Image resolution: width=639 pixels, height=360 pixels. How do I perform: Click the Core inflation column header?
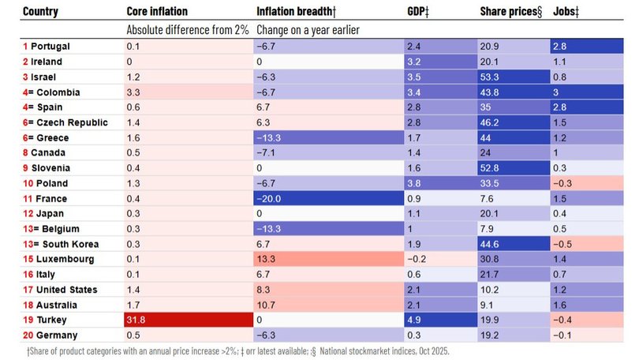coord(158,11)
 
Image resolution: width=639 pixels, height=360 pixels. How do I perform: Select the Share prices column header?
coord(511,11)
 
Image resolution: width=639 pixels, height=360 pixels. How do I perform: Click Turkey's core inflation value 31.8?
coord(137,319)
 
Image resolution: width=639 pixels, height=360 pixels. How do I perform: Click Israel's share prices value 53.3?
coord(491,77)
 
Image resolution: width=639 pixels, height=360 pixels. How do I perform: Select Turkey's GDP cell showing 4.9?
coord(413,319)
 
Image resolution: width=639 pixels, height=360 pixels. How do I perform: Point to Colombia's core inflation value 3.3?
coord(133,92)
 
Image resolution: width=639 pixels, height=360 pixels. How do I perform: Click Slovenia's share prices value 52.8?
coord(491,168)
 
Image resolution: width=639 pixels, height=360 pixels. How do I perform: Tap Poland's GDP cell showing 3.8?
coord(413,183)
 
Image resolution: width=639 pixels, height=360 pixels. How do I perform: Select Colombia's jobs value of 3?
coord(557,92)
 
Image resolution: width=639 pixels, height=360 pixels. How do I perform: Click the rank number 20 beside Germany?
coord(28,335)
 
